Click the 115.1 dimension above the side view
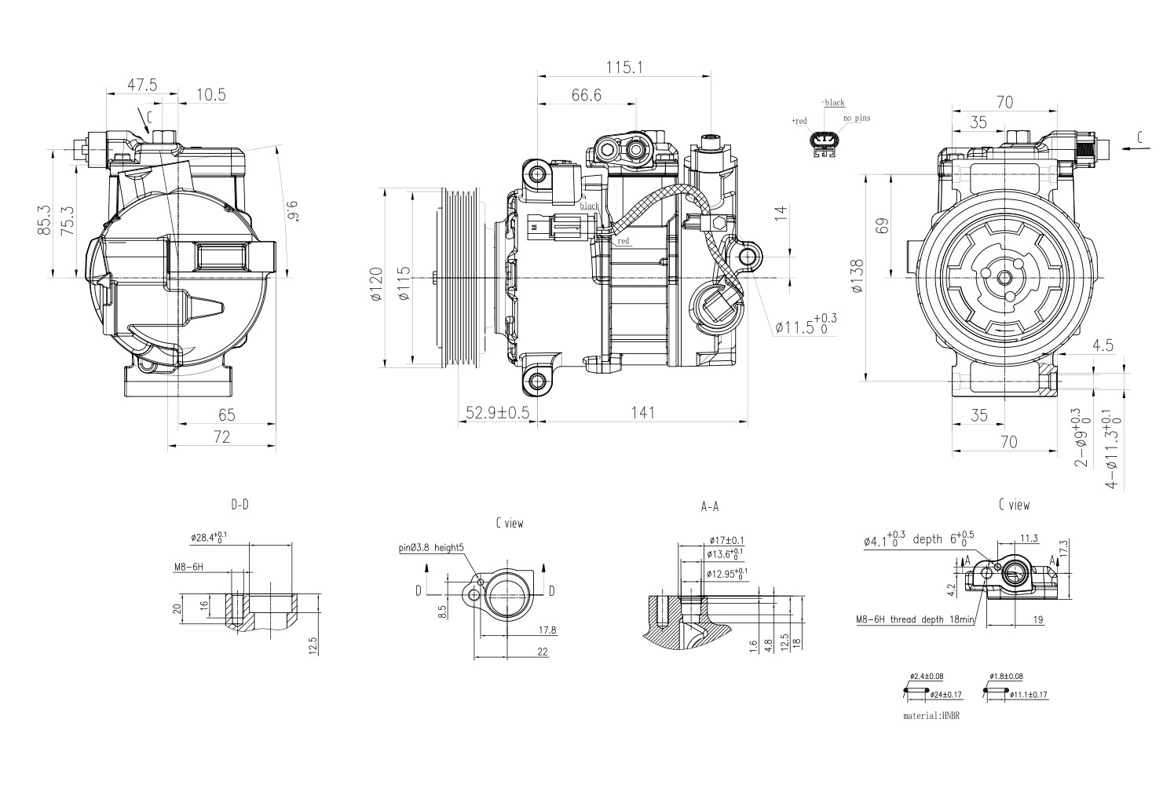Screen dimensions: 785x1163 point(624,68)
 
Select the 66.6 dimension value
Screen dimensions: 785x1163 point(586,95)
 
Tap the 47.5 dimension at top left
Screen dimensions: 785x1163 point(143,85)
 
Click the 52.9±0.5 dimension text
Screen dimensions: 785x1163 point(497,413)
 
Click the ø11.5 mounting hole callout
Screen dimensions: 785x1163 point(806,326)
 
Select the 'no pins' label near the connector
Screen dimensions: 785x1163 point(857,119)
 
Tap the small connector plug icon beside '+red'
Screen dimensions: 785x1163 point(822,143)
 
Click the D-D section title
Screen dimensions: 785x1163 point(240,505)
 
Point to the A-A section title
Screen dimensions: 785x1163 point(709,507)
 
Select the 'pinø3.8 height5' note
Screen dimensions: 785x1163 point(431,549)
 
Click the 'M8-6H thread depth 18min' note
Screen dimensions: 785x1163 point(915,619)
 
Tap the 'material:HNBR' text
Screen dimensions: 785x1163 point(932,716)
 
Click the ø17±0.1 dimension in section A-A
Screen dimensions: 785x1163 point(726,540)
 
